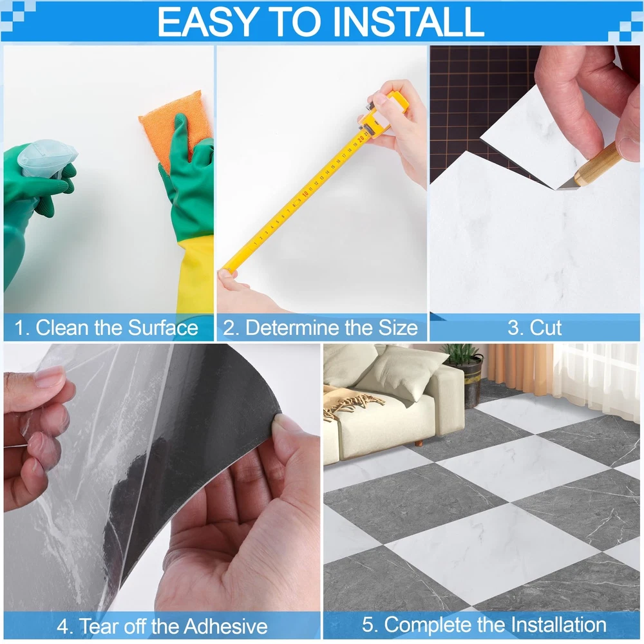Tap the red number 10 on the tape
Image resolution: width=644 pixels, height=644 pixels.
[305, 193]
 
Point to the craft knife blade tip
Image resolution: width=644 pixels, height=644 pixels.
[557, 189]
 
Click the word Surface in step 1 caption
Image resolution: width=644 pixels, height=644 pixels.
[163, 328]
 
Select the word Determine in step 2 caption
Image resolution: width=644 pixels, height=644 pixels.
[293, 328]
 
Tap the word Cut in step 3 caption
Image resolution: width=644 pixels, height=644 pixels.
[546, 328]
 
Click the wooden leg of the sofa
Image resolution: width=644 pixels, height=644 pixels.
[419, 443]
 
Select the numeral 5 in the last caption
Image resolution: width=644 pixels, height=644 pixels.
[368, 625]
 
